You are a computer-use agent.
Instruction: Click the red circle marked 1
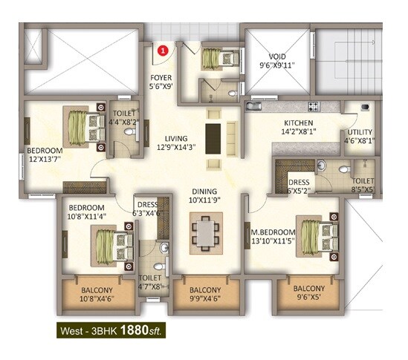pyautogui.click(x=165, y=50)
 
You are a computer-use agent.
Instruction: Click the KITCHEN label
pyautogui.click(x=297, y=123)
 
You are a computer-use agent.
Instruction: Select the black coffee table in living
pyautogui.click(x=213, y=137)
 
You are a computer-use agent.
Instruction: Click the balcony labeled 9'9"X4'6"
pyautogui.click(x=204, y=295)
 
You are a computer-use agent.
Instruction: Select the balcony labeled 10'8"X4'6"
pyautogui.click(x=97, y=295)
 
